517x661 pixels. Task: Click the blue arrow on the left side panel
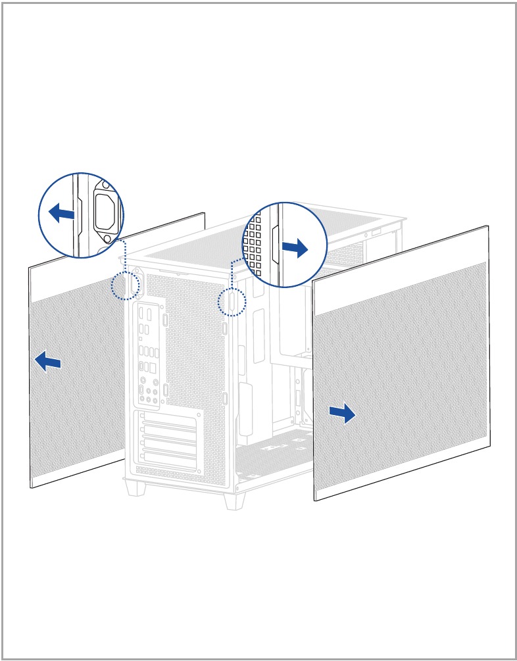(47, 360)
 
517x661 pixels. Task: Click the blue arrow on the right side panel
(342, 414)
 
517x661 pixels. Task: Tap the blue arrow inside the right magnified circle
(295, 249)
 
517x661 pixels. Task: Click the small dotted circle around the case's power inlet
(126, 285)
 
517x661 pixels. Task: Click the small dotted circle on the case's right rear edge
(232, 301)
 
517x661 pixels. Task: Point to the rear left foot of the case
(137, 487)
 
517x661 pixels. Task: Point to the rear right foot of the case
(234, 499)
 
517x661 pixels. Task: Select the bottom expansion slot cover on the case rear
(168, 460)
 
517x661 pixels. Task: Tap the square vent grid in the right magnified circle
(253, 243)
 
